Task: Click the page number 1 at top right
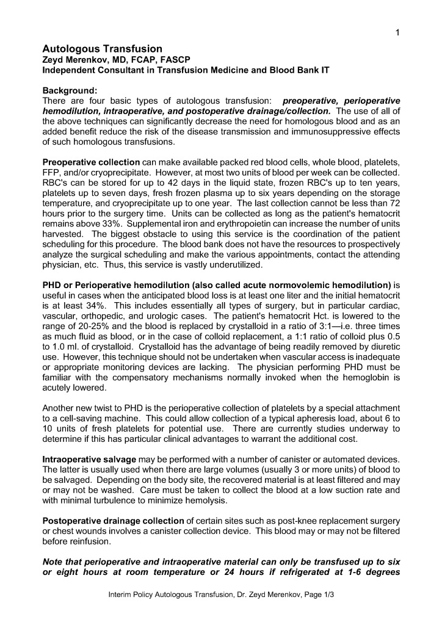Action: coord(397,32)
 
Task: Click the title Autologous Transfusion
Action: coord(102,48)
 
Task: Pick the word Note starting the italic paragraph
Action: coord(54,561)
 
